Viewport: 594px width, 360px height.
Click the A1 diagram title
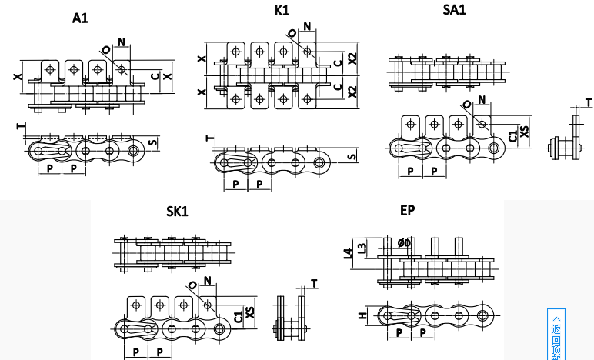80,18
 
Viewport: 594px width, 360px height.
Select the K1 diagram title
282,11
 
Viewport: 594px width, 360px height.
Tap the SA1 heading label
454,10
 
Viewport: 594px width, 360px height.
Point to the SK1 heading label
177,211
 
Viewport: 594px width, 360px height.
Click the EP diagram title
407,210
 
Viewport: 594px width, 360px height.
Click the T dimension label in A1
19,126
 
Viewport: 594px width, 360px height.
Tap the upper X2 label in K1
352,58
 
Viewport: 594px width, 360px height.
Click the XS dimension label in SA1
525,132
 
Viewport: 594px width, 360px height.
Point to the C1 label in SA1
512,136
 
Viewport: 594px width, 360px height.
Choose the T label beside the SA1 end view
589,102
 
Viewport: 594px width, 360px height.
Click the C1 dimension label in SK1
238,315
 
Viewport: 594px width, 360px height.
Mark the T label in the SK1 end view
313,284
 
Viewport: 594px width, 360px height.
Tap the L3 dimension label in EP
362,247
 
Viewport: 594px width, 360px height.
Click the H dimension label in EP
361,315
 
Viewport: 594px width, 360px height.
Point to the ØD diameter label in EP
404,243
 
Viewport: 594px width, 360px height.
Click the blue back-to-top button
556,335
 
